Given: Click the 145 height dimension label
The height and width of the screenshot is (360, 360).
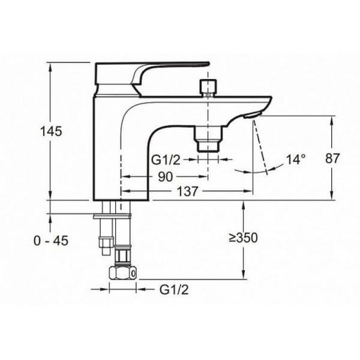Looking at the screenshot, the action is (x=51, y=131).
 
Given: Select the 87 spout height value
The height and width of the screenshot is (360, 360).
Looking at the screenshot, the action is (x=332, y=158).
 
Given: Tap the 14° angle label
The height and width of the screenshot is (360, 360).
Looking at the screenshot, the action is (x=296, y=160).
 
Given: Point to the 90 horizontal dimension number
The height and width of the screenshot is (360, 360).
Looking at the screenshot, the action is (x=166, y=177).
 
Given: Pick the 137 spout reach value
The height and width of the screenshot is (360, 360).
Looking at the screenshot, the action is (x=187, y=191).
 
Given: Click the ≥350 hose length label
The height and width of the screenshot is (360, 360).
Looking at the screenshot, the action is (x=243, y=238).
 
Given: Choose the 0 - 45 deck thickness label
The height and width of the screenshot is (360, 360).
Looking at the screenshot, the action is (x=51, y=241).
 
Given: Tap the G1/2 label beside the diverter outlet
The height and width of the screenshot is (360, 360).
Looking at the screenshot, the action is (x=166, y=160).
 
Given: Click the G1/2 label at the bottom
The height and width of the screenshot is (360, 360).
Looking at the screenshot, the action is (x=174, y=290).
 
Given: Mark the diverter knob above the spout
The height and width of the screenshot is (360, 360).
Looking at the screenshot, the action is (x=208, y=87).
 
